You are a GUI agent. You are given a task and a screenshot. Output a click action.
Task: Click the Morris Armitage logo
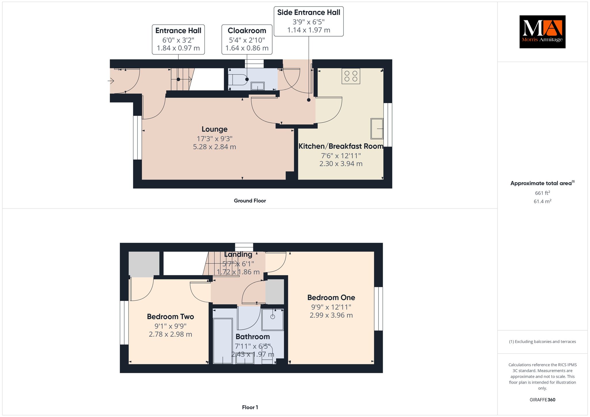click(542, 32)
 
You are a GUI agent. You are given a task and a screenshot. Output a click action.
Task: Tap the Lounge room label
click(215, 129)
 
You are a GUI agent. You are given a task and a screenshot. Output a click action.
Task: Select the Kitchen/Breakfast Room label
click(341, 146)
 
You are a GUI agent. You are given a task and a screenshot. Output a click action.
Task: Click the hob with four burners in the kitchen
click(351, 76)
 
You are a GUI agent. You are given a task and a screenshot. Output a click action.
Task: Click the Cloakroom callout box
click(247, 39)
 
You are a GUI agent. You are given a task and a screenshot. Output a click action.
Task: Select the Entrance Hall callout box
click(178, 39)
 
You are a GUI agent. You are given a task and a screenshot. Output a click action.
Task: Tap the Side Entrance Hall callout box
click(309, 21)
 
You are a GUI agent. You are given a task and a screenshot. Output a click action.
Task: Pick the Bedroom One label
click(331, 297)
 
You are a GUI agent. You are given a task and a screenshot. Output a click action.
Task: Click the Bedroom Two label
click(170, 316)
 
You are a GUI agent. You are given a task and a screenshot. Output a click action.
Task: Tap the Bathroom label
click(253, 337)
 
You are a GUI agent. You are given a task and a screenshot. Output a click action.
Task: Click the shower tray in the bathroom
click(273, 320)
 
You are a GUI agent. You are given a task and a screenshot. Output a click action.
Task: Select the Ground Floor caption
click(250, 201)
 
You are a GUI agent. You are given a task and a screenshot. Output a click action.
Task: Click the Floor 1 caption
click(250, 407)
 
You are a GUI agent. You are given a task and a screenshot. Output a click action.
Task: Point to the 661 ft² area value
click(542, 193)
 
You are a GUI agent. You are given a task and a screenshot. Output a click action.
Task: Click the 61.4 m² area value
click(542, 201)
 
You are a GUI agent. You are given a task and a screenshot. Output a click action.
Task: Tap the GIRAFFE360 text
click(542, 400)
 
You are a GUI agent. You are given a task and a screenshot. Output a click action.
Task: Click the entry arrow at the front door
click(111, 81)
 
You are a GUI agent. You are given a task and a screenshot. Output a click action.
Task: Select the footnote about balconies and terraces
click(542, 342)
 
